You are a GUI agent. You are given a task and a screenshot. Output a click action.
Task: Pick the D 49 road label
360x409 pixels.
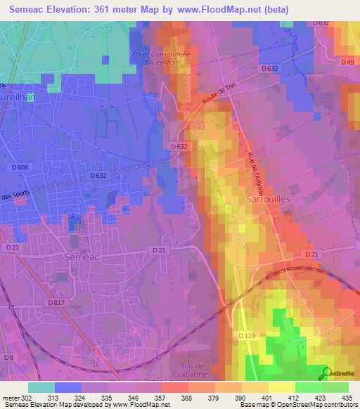tap(347, 63)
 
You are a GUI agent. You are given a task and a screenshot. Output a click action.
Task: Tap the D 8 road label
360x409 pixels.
tap(8, 358)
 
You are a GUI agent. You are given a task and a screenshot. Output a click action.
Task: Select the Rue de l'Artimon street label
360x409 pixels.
tap(255, 174)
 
